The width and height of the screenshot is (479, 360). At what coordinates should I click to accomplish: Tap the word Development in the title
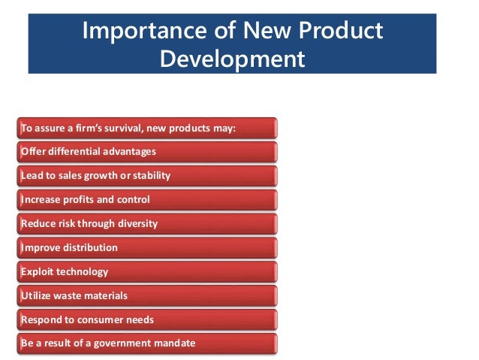click(232, 58)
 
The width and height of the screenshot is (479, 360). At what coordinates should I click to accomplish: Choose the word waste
click(70, 295)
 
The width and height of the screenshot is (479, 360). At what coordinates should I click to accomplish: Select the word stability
click(150, 176)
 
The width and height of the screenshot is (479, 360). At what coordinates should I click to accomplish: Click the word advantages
click(131, 152)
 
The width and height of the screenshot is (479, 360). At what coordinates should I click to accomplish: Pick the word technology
click(83, 271)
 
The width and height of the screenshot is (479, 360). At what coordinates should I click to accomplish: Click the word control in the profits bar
click(133, 200)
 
